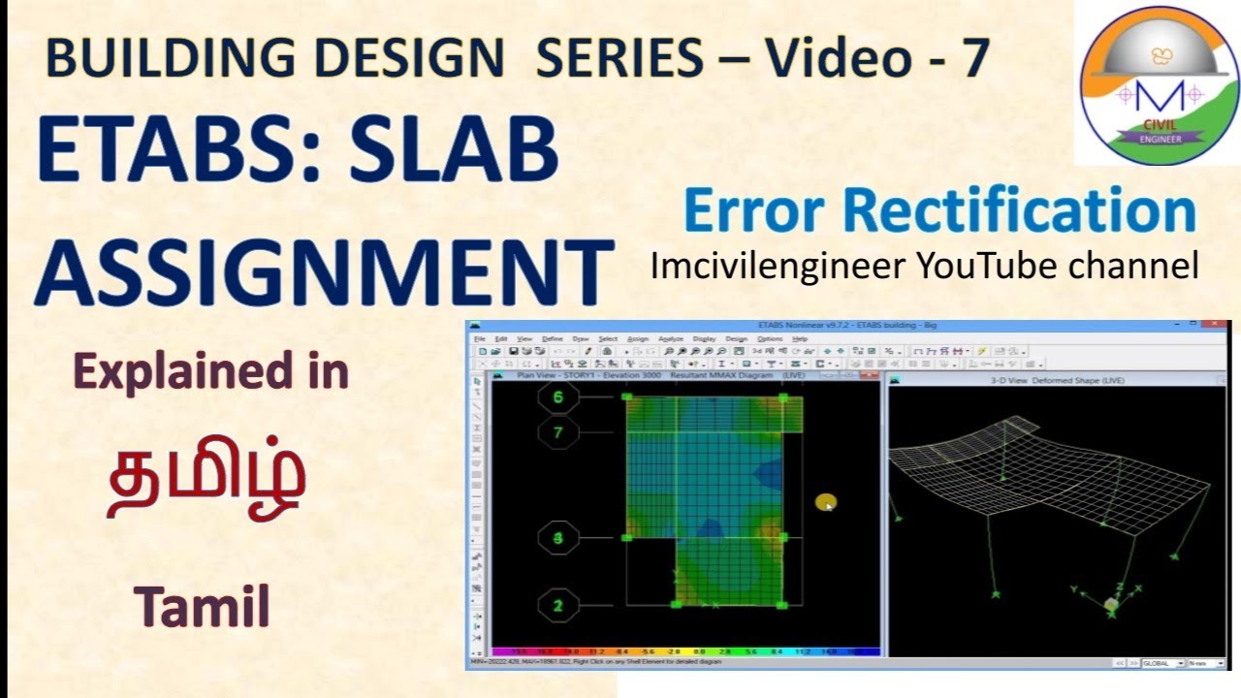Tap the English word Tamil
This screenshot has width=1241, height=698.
202,607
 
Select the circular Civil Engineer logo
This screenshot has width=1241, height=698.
1160,83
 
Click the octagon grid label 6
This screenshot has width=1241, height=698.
557,397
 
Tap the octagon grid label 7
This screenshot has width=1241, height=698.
557,432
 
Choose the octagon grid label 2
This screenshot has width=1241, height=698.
557,606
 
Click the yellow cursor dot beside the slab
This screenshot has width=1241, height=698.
825,502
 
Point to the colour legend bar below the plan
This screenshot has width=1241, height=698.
684,652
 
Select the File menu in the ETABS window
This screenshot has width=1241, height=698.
479,338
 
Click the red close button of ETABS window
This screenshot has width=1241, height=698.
1219,328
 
